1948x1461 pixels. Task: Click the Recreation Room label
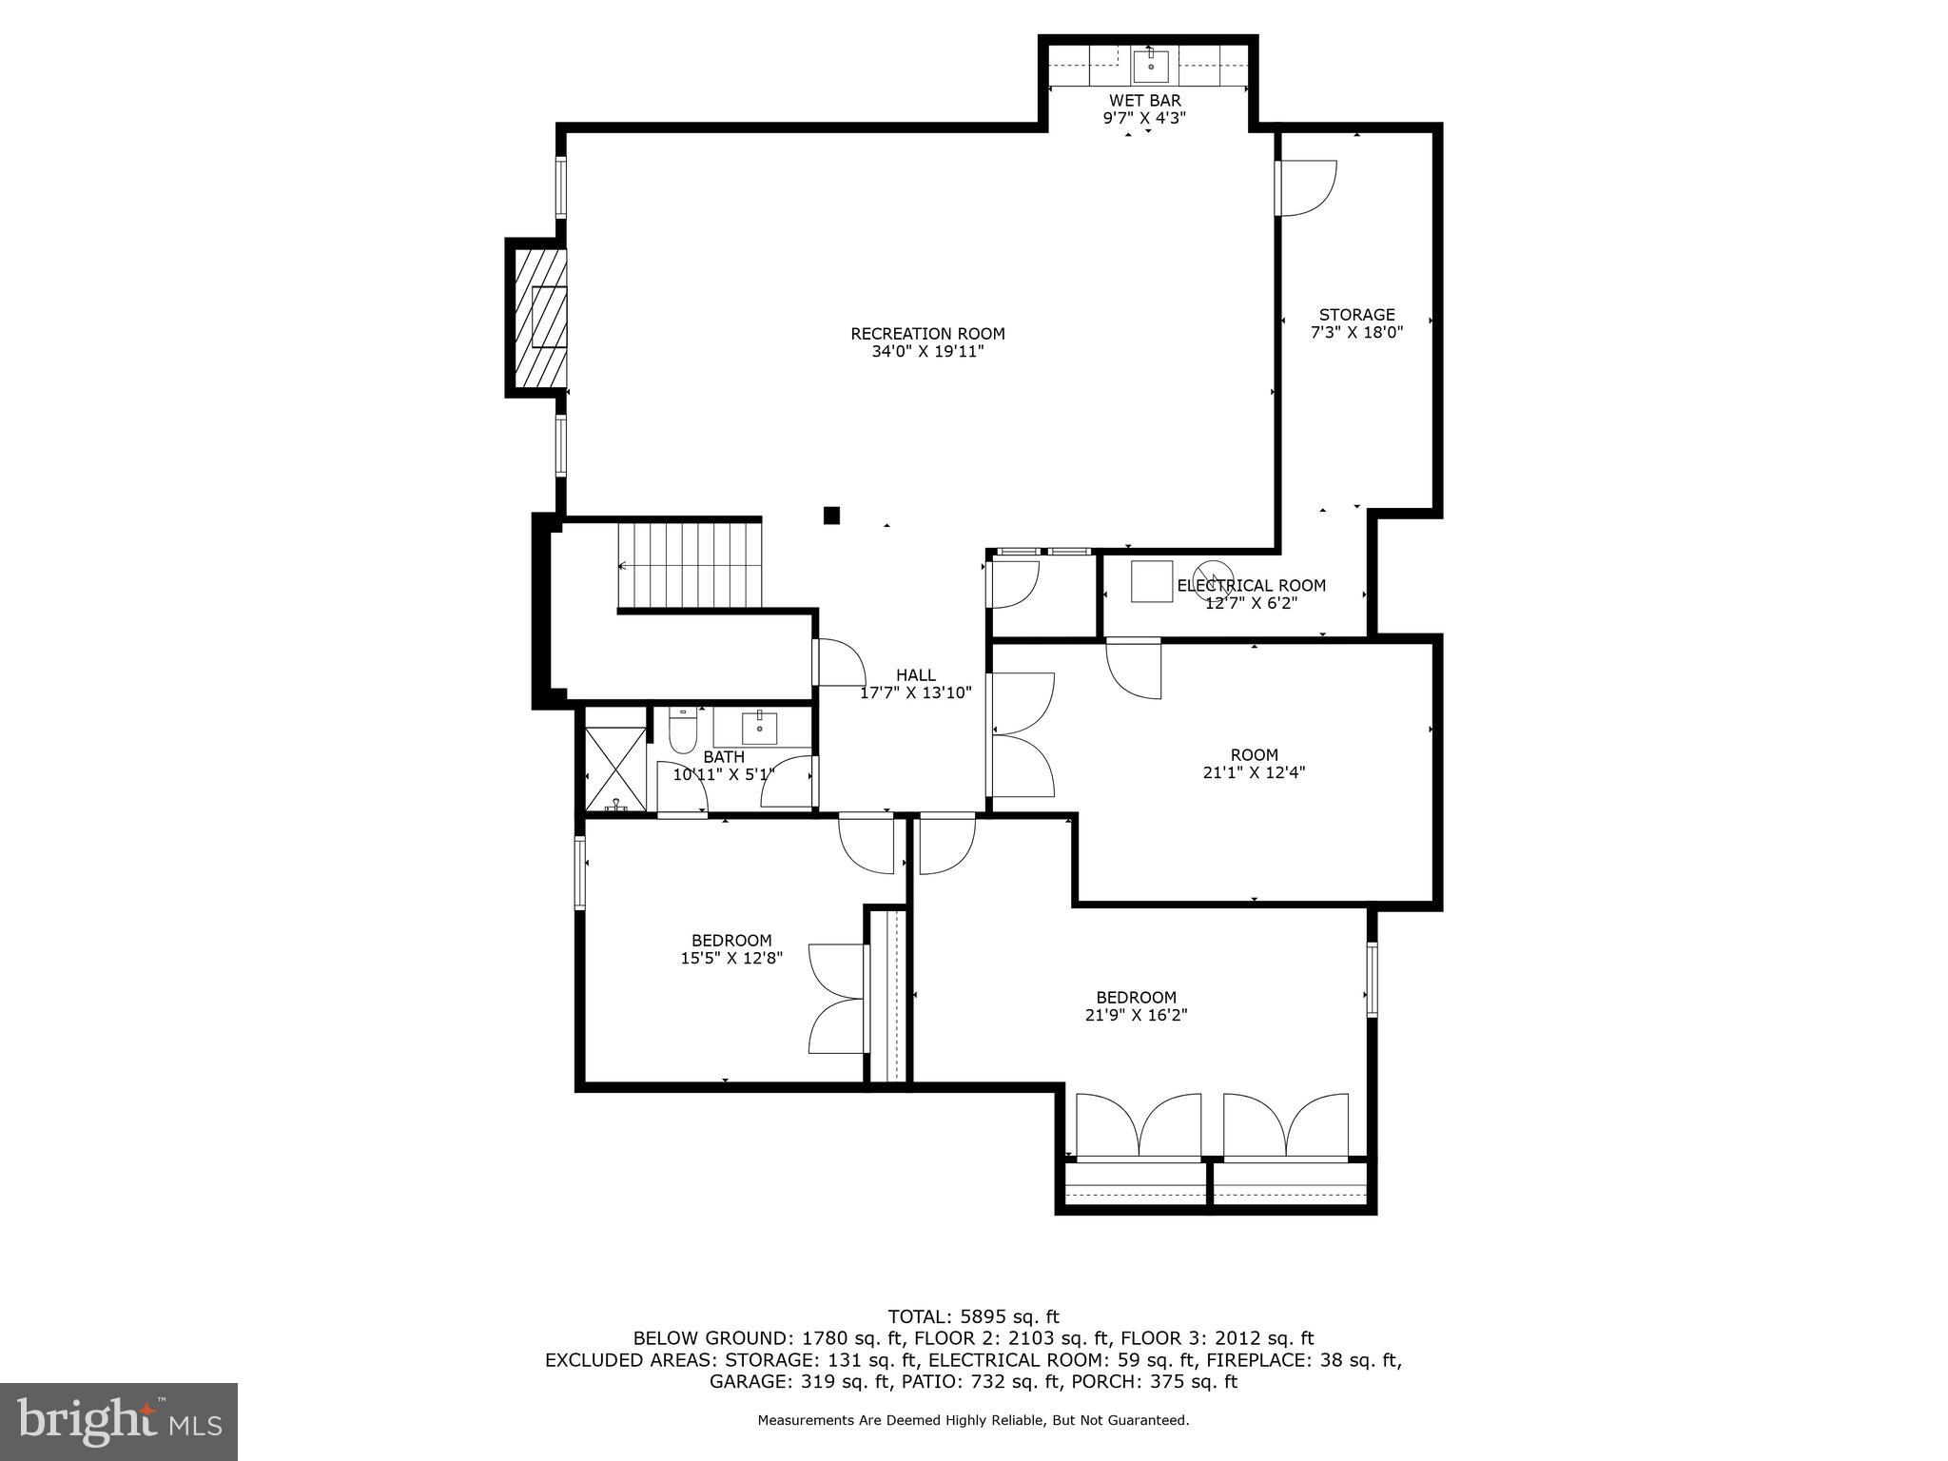pyautogui.click(x=927, y=334)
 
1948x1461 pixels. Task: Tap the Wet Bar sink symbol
pyautogui.click(x=1150, y=66)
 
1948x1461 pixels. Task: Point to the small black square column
pyautogui.click(x=831, y=516)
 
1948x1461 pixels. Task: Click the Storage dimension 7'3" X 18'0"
pyautogui.click(x=1356, y=332)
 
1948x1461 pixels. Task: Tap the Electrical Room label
pyautogui.click(x=1252, y=586)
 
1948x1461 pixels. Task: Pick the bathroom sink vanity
pyautogui.click(x=760, y=729)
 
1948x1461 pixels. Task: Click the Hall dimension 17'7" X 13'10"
pyautogui.click(x=916, y=693)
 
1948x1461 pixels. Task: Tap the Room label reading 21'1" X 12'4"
pyautogui.click(x=1254, y=764)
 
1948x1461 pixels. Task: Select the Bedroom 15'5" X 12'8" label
pyautogui.click(x=731, y=949)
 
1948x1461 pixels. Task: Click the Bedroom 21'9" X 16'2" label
pyautogui.click(x=1136, y=1006)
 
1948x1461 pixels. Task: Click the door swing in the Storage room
pyautogui.click(x=1308, y=188)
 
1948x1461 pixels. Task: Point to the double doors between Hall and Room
pyautogui.click(x=1023, y=733)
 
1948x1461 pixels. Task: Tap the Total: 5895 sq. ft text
pyautogui.click(x=973, y=1317)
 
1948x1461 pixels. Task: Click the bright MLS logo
pyautogui.click(x=119, y=1421)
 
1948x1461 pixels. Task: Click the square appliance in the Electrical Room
pyautogui.click(x=1151, y=581)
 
